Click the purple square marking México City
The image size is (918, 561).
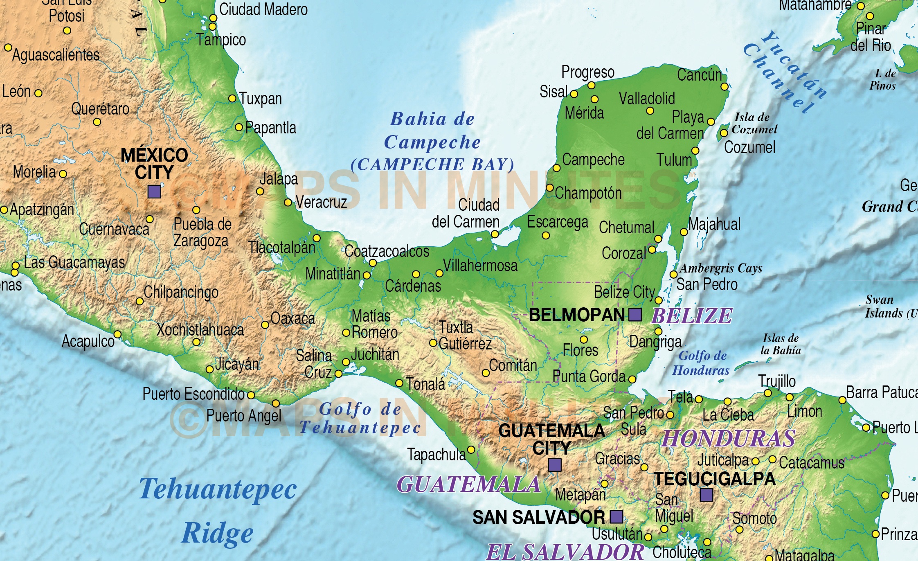pyautogui.click(x=154, y=191)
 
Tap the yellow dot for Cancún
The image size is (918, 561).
pyautogui.click(x=724, y=87)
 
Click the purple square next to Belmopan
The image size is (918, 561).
pyautogui.click(x=635, y=315)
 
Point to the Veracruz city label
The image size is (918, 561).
pyautogui.click(x=321, y=202)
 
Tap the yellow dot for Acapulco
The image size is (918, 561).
pyautogui.click(x=117, y=334)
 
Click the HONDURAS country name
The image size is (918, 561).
pyautogui.click(x=729, y=439)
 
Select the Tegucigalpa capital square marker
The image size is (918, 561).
pyautogui.click(x=706, y=495)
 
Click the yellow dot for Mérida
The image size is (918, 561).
pyautogui.click(x=594, y=99)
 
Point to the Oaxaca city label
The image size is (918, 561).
pyautogui.click(x=293, y=318)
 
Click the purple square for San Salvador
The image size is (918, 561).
pyautogui.click(x=616, y=517)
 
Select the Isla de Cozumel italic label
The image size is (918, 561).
pyautogui.click(x=754, y=123)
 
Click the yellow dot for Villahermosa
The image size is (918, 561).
pyautogui.click(x=439, y=273)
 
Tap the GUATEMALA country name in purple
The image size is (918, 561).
pyautogui.click(x=469, y=484)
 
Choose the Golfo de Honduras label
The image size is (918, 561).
pyautogui.click(x=701, y=363)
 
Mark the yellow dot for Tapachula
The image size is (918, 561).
pyautogui.click(x=471, y=450)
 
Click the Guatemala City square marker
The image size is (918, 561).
pyautogui.click(x=555, y=465)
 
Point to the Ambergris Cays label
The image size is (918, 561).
pyautogui.click(x=721, y=268)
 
